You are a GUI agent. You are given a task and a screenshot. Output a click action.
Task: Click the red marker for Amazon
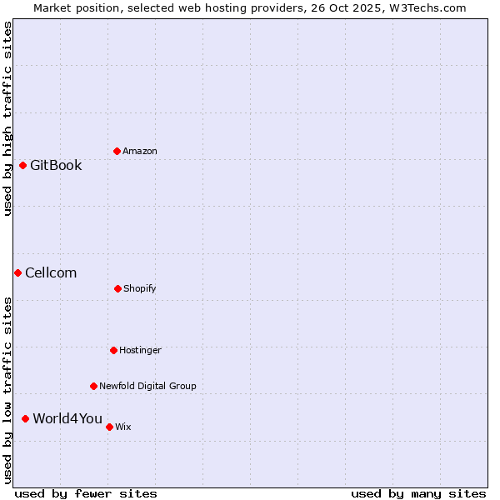[117, 151]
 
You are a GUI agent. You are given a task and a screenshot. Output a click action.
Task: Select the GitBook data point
[22, 165]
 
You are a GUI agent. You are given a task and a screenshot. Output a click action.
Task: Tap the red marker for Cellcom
[17, 272]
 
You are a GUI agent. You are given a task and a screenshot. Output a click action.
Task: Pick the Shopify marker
[117, 288]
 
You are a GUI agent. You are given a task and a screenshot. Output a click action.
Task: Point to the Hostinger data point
[113, 350]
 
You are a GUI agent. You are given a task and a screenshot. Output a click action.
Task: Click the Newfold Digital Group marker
[93, 386]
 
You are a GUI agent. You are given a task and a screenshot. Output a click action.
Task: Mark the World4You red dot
[25, 418]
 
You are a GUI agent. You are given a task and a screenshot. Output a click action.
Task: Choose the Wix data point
[109, 427]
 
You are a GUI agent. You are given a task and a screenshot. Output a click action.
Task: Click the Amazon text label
[140, 151]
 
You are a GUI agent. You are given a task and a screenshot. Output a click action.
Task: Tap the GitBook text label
[56, 165]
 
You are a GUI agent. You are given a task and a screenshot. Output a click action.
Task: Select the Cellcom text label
[51, 272]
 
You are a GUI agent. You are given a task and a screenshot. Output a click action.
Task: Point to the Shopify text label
[140, 288]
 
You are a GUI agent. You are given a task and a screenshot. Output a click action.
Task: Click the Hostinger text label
[140, 350]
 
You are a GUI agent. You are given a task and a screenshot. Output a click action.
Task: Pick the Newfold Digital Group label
[147, 386]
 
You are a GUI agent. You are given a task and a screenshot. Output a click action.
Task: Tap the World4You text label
[67, 418]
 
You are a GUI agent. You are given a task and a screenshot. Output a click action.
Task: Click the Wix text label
[123, 427]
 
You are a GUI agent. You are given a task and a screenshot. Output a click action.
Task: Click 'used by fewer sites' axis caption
[85, 493]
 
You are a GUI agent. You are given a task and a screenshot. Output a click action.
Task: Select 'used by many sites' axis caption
[418, 493]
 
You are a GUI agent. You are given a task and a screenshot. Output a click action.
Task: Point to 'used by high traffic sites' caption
[7, 118]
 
